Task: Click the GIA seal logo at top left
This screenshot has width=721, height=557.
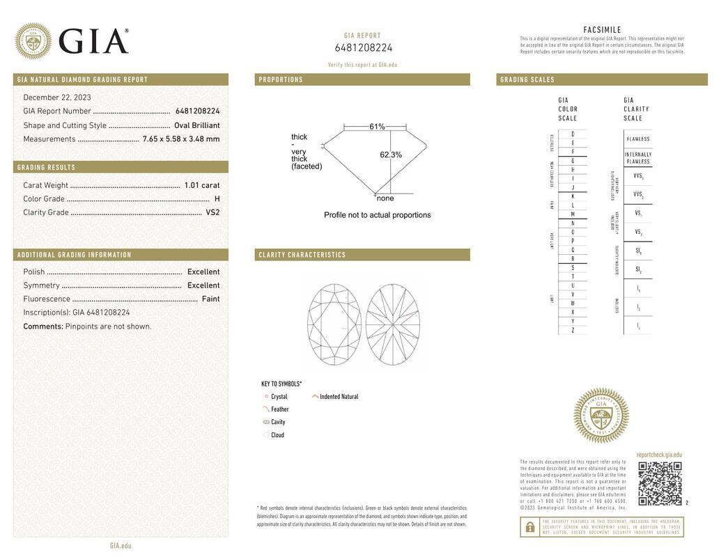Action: pyautogui.click(x=33, y=41)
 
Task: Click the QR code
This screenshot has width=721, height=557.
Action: pyautogui.click(x=660, y=483)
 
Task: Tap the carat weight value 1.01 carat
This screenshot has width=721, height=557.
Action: pyautogui.click(x=201, y=185)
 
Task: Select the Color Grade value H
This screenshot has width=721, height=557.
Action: pyautogui.click(x=217, y=199)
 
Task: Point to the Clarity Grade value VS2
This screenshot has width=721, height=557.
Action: pyautogui.click(x=212, y=212)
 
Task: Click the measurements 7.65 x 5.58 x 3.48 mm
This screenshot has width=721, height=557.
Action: pyautogui.click(x=181, y=139)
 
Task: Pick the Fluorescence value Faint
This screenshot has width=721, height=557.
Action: pyautogui.click(x=210, y=299)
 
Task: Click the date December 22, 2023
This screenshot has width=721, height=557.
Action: pyautogui.click(x=57, y=97)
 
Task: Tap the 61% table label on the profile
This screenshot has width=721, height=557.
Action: pyautogui.click(x=377, y=127)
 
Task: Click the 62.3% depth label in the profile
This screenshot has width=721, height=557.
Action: pyautogui.click(x=391, y=155)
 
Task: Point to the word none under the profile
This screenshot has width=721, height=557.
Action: pyautogui.click(x=385, y=198)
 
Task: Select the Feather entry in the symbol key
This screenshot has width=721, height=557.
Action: pyautogui.click(x=279, y=409)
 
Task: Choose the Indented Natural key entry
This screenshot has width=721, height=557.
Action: pyautogui.click(x=339, y=397)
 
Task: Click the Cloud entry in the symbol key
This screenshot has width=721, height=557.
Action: pyautogui.click(x=277, y=435)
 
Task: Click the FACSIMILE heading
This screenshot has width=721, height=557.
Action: pyautogui.click(x=602, y=30)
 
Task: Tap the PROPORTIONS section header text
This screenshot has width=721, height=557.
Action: pyautogui.click(x=281, y=79)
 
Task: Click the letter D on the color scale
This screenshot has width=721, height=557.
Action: pyautogui.click(x=573, y=134)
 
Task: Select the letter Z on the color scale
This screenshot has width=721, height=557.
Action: pyautogui.click(x=573, y=330)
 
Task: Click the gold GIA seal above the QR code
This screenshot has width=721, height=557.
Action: pyautogui.click(x=600, y=416)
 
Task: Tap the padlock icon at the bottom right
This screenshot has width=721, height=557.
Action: pyautogui.click(x=529, y=527)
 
